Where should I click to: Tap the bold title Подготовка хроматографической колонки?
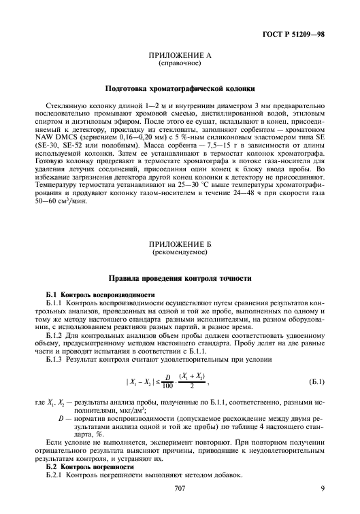180,89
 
